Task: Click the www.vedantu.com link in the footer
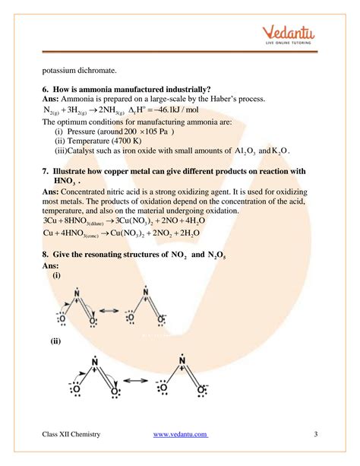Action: click(180, 434)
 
